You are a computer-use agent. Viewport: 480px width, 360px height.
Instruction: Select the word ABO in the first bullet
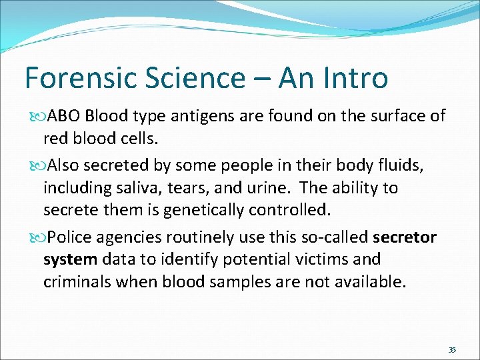(64, 116)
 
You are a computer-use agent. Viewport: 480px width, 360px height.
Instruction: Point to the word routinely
(201, 237)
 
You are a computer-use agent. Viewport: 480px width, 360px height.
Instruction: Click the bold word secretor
(405, 237)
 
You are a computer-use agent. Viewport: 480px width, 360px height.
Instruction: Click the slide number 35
(452, 350)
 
